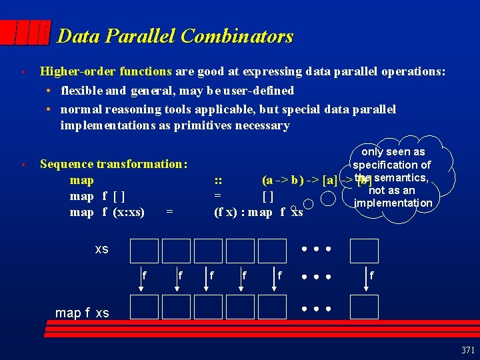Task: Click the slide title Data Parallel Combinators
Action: [175, 36]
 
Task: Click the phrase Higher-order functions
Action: [106, 71]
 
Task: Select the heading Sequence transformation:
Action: [113, 164]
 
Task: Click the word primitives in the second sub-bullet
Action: [202, 125]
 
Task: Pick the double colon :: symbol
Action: [218, 180]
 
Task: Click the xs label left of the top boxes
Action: [101, 249]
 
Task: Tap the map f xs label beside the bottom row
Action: [82, 313]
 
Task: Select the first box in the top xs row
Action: [145, 251]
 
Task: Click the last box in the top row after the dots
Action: [364, 251]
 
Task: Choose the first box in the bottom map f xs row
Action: [145, 307]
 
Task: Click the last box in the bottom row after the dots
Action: [364, 307]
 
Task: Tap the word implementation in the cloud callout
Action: [393, 203]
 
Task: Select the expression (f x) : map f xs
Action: [259, 212]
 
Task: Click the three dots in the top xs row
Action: [316, 250]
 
